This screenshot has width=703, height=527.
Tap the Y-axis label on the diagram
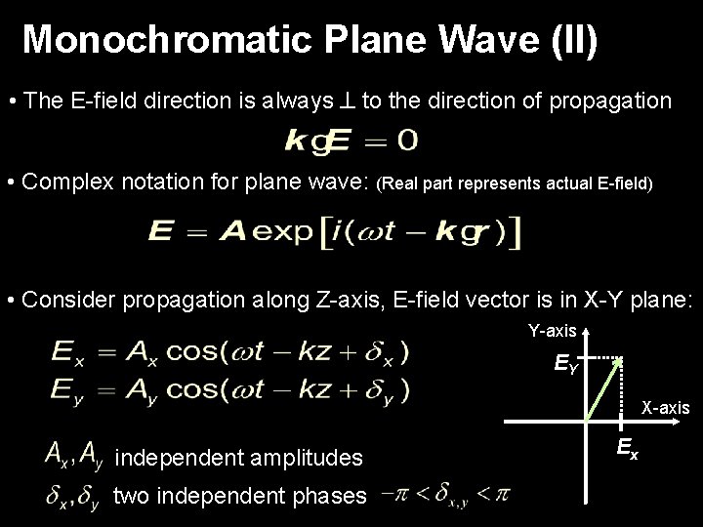point(552,331)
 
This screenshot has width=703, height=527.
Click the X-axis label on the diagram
point(665,406)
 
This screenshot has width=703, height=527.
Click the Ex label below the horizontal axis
point(627,449)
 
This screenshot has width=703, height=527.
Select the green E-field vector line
point(603,390)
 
